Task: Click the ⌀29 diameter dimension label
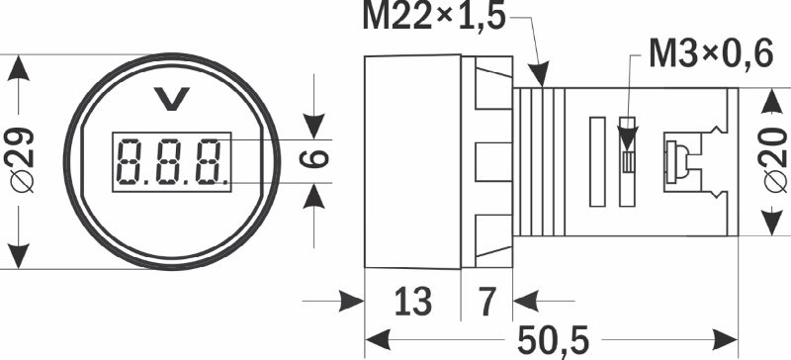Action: coord(20,160)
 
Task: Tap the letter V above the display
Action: coord(171,99)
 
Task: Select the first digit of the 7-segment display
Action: coord(129,162)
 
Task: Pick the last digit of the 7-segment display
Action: coord(209,162)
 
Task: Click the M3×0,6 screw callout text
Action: coord(711,53)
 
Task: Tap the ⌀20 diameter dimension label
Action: coord(774,160)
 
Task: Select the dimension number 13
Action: coord(412,302)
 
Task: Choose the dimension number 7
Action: coord(486,302)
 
